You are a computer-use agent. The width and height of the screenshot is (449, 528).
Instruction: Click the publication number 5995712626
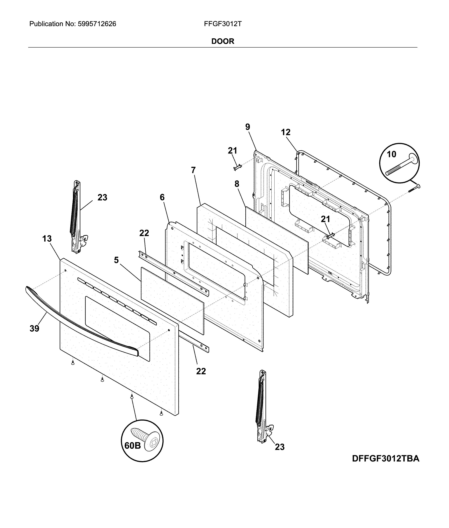(97, 24)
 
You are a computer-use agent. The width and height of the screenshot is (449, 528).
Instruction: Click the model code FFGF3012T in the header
(223, 24)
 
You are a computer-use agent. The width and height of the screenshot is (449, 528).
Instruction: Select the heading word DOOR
(223, 41)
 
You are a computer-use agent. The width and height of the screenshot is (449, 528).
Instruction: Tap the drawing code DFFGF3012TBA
(386, 459)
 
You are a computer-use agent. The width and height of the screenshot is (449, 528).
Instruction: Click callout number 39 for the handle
(34, 328)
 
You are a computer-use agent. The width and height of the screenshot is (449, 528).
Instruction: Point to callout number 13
(47, 239)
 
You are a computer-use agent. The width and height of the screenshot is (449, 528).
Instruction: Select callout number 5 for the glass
(116, 260)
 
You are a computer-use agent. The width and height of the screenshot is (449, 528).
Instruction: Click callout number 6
(162, 197)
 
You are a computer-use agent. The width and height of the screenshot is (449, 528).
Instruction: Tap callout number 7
(193, 170)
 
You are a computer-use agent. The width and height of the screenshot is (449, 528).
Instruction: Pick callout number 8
(237, 184)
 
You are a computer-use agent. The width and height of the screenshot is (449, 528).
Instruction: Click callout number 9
(248, 127)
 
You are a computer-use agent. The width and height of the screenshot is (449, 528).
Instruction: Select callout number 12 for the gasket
(286, 132)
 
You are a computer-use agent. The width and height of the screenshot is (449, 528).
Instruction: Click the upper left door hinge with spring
(76, 216)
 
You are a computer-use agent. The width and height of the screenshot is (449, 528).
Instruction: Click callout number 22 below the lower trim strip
(201, 371)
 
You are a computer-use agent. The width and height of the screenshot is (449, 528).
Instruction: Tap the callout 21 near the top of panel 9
(232, 151)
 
